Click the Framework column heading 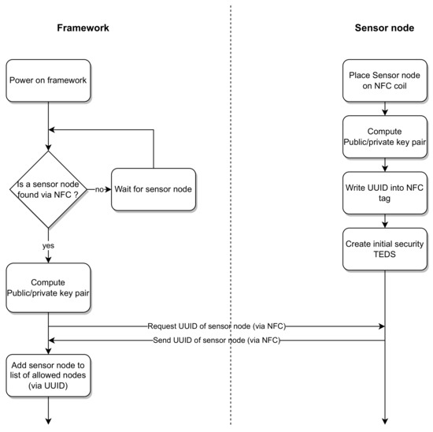(x=83, y=28)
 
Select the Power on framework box (x=49, y=80)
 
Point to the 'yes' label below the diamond (x=49, y=244)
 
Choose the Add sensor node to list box (x=49, y=375)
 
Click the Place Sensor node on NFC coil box (x=385, y=80)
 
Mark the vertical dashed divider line (x=231, y=213)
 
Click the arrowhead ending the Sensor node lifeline (x=385, y=422)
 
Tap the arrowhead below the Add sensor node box (x=49, y=422)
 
